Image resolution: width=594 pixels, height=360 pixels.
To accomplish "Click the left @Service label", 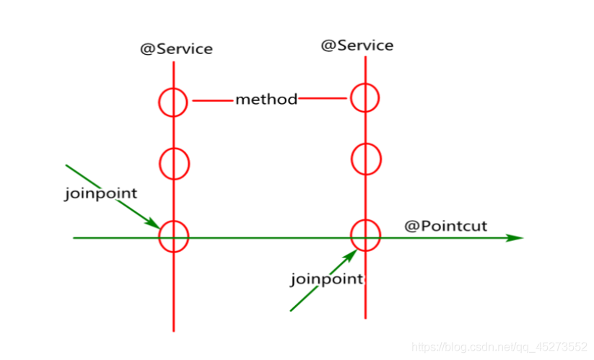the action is pyautogui.click(x=177, y=49).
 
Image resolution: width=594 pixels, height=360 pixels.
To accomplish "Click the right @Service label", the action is pyautogui.click(x=357, y=45).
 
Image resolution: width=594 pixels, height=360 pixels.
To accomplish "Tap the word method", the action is pyautogui.click(x=266, y=100).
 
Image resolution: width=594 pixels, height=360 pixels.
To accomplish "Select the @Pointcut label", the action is pyautogui.click(x=445, y=226).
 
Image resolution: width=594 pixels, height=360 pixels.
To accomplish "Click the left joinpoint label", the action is pyautogui.click(x=101, y=193).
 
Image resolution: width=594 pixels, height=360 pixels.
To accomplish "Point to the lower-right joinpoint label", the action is pyautogui.click(x=326, y=279).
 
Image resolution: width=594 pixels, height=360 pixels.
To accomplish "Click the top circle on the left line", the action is pyautogui.click(x=159, y=102).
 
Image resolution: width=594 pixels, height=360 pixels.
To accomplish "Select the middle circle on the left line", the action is pyautogui.click(x=160, y=164).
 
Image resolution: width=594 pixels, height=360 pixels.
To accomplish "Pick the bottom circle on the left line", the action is pyautogui.click(x=159, y=237).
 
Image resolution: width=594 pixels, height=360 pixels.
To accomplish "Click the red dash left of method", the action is pyautogui.click(x=212, y=101).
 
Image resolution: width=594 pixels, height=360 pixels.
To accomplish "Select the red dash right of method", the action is pyautogui.click(x=323, y=98).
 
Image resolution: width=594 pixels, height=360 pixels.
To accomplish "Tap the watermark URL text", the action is pyautogui.click(x=499, y=347).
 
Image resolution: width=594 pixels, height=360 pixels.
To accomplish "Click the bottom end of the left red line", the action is pyautogui.click(x=173, y=332).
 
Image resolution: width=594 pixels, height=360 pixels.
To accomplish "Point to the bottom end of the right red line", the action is pyautogui.click(x=366, y=318).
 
